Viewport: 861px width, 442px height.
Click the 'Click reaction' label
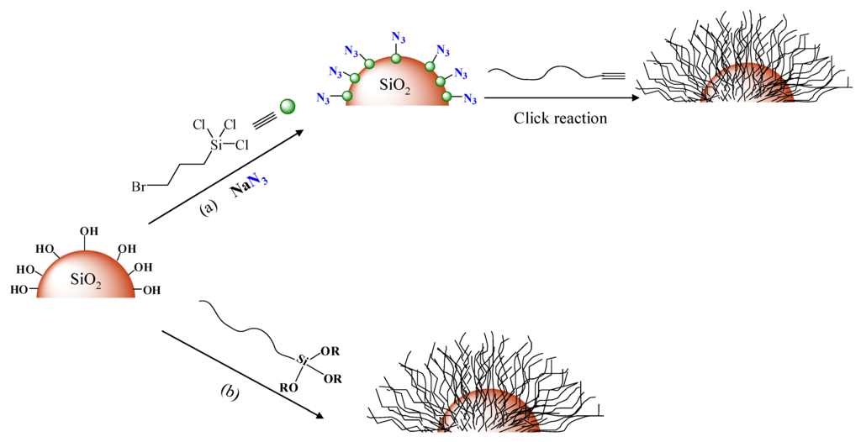(x=560, y=118)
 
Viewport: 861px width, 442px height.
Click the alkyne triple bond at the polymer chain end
(x=613, y=76)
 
